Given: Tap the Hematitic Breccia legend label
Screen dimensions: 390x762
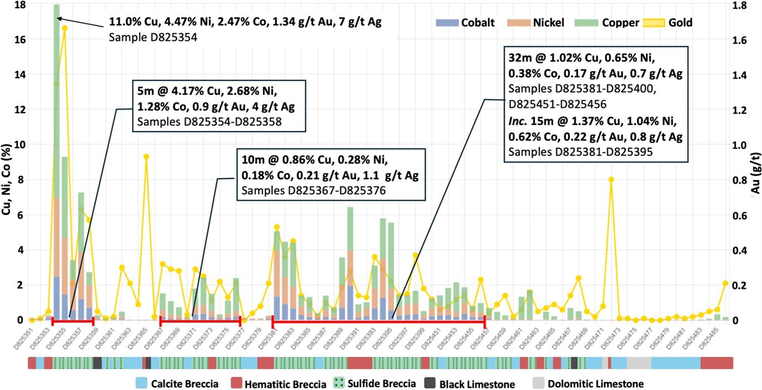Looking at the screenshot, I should (285, 384).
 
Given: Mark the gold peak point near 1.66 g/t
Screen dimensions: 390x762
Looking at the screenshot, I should (65, 28).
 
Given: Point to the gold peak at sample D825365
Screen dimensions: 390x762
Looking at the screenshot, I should (146, 157).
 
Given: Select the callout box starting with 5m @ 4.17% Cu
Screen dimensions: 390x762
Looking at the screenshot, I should (218, 106).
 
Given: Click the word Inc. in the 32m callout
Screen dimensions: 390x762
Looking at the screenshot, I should (515, 121).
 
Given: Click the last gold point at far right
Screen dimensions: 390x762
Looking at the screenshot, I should (726, 283).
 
